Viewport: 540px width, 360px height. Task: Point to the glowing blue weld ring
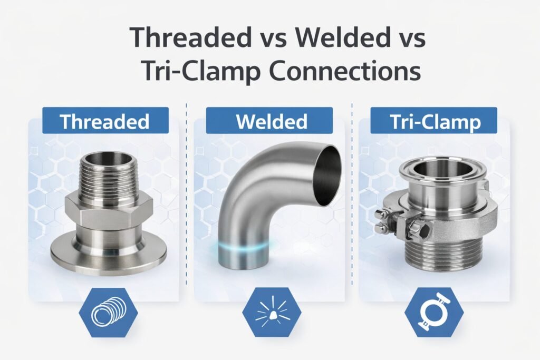click(240, 247)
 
